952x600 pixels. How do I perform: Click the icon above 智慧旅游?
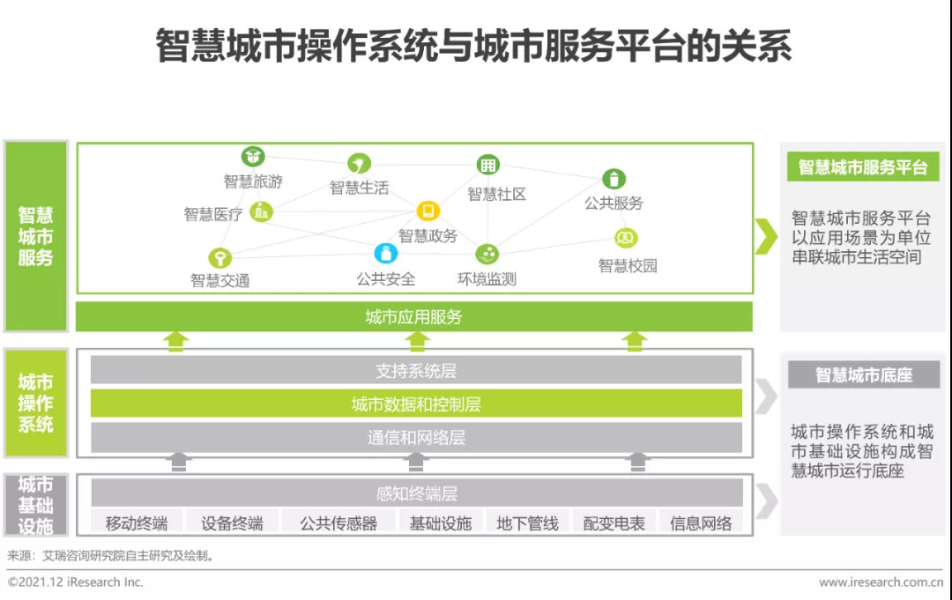click(x=253, y=157)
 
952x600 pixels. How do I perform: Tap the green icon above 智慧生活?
click(x=359, y=163)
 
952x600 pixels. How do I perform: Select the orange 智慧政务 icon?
click(x=428, y=211)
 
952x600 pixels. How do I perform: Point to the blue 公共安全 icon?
click(x=386, y=254)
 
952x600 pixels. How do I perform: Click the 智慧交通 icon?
click(x=219, y=258)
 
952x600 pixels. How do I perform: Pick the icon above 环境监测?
click(x=487, y=255)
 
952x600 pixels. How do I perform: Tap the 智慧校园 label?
click(x=628, y=266)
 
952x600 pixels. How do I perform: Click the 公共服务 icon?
click(x=614, y=179)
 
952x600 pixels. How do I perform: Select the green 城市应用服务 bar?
click(x=413, y=317)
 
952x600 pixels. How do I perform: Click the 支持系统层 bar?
click(x=416, y=371)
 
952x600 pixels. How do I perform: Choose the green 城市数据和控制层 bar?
click(x=416, y=404)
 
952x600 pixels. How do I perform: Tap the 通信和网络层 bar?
click(x=416, y=437)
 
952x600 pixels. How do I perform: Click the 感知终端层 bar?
click(x=416, y=493)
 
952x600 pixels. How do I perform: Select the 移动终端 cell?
click(x=137, y=523)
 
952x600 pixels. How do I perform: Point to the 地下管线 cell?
click(x=527, y=523)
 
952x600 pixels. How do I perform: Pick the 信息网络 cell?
click(x=701, y=523)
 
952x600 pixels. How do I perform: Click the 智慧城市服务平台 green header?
click(x=863, y=167)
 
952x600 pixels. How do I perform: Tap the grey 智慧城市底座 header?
click(x=863, y=375)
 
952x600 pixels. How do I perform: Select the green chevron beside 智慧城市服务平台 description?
click(x=766, y=236)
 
